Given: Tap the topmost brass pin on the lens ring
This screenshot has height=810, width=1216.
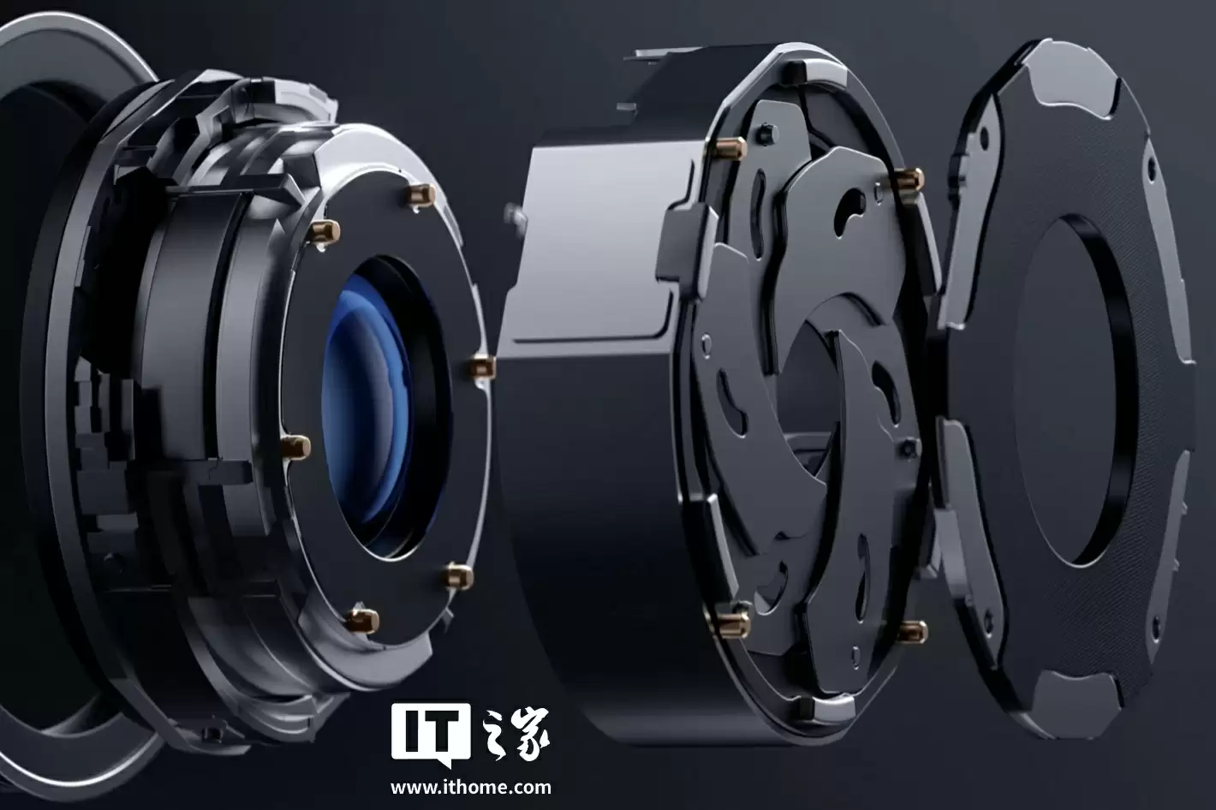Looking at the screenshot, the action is coord(422,195).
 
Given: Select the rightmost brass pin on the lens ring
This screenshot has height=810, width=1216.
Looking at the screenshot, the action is coord(481,368).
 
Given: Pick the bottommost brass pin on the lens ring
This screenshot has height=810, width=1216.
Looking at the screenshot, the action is coord(362,621).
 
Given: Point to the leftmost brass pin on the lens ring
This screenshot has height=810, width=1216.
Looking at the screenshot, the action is coord(295,447).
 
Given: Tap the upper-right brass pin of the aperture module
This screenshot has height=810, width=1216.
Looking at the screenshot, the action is coord(909,179).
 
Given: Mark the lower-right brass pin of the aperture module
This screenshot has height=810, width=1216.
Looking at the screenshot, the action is coord(912,631).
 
